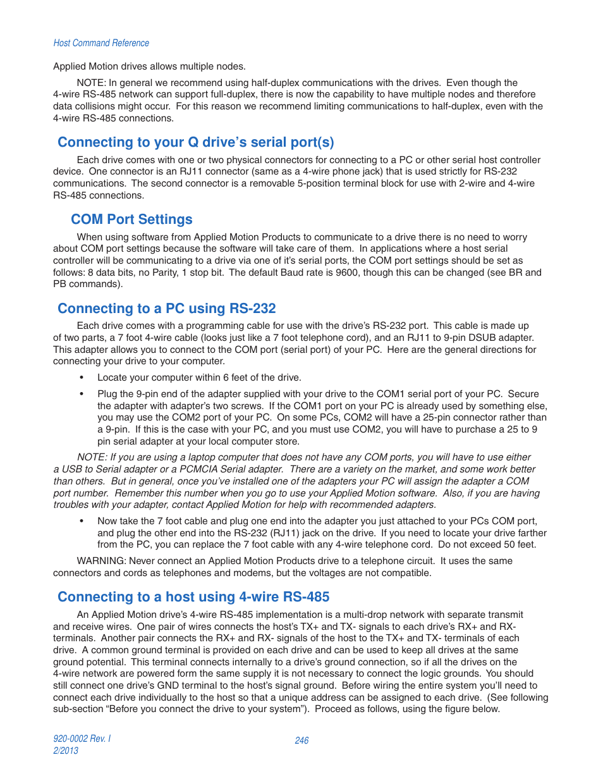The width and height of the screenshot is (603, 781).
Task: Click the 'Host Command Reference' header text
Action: [x=101, y=43]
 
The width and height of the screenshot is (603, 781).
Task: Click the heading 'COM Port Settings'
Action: [x=131, y=219]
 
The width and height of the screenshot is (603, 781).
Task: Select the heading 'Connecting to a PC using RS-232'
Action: [x=166, y=309]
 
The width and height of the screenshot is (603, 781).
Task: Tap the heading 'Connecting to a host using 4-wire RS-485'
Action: [x=193, y=597]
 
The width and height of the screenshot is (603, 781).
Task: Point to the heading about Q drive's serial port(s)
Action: [x=195, y=142]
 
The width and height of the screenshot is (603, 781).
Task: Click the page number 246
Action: [x=301, y=741]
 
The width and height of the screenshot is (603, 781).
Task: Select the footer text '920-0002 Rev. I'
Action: [x=82, y=739]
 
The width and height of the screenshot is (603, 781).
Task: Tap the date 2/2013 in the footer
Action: [x=66, y=751]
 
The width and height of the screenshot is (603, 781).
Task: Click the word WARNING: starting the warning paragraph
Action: [x=101, y=561]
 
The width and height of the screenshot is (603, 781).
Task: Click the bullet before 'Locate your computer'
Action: [x=82, y=378]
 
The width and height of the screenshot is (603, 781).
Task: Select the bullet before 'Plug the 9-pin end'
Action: [x=82, y=394]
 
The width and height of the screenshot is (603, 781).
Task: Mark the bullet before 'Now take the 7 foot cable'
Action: [x=82, y=521]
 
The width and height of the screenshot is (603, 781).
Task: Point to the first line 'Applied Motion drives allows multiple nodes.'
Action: [x=149, y=66]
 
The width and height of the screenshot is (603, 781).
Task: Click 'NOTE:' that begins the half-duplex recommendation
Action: [x=92, y=83]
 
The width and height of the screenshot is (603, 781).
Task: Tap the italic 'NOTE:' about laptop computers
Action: [x=92, y=457]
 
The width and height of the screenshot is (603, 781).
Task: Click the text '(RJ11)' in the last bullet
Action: [x=285, y=533]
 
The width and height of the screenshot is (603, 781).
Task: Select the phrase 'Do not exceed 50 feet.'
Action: [x=487, y=544]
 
